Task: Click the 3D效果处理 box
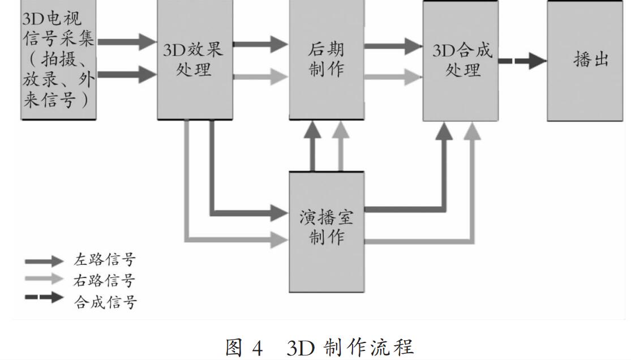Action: pos(194,59)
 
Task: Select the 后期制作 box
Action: pos(327,59)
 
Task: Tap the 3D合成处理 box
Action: pos(460,59)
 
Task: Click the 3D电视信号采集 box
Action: pos(58,59)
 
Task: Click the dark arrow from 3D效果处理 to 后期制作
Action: pos(260,44)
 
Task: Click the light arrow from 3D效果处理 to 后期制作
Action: pos(260,76)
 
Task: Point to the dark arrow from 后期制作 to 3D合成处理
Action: pos(393,44)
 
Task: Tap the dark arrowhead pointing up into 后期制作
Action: pos(312,131)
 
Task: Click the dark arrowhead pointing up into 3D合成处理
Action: pos(445,132)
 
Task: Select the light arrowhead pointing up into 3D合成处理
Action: pos(472,132)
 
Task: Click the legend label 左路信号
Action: pos(105,260)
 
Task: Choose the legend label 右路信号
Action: pos(105,280)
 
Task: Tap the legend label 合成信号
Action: pos(105,301)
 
